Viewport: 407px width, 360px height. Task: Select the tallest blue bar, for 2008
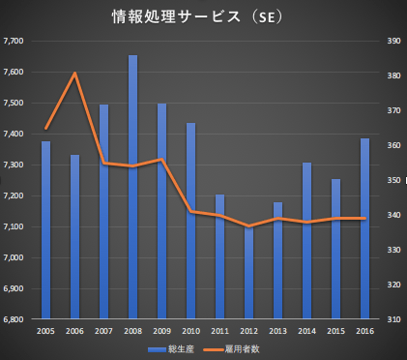coord(133,184)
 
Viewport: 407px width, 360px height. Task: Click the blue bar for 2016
coord(364,228)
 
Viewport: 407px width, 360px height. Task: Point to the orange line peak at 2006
coord(74,74)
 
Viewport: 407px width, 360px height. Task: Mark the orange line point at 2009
coord(162,159)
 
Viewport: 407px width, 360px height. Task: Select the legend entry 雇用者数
coord(233,349)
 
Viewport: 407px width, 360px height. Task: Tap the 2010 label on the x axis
coord(190,331)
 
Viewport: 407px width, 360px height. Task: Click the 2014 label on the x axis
coord(306,331)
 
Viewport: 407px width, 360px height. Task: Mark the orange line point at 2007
coord(104,164)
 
